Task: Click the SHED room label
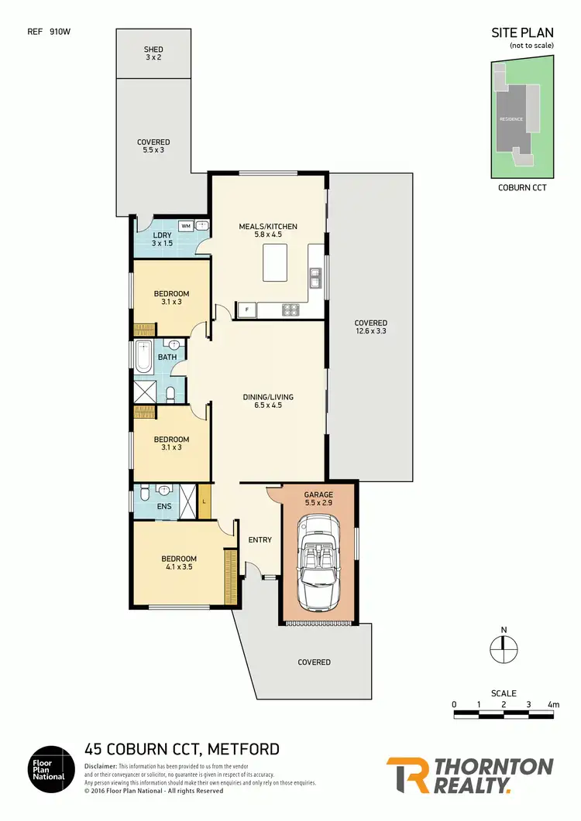pos(153,50)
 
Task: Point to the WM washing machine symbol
pos(186,225)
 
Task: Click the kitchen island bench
pos(279,262)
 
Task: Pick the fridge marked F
pos(246,310)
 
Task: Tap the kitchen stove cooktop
pos(290,310)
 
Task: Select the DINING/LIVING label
pos(267,397)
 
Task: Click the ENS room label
pos(163,507)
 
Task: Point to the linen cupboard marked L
pos(204,501)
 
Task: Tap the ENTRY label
pos(260,539)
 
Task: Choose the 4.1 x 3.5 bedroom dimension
pos(178,567)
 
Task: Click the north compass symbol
pos(503,649)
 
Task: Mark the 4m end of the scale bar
pos(553,704)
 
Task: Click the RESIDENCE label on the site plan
pos(511,118)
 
